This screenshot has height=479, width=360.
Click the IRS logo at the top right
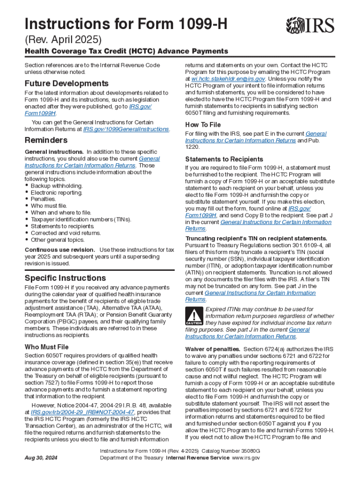(311, 24)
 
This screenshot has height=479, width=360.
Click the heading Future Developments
(66, 84)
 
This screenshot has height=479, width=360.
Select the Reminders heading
(46, 140)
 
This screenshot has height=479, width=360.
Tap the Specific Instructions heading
(65, 278)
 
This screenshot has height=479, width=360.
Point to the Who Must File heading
(46, 347)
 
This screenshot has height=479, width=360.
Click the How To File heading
(203, 125)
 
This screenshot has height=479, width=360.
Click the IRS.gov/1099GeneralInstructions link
(126, 129)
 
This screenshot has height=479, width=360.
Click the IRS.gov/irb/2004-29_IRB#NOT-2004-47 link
(82, 412)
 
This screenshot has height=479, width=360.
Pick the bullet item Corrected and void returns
(65, 233)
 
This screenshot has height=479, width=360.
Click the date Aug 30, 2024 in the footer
(42, 457)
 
